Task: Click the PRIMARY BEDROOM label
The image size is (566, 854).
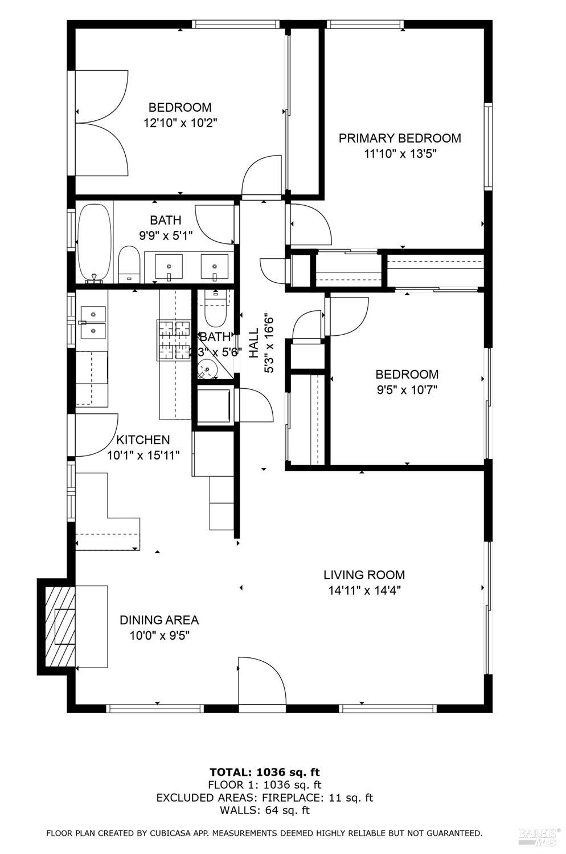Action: (x=400, y=139)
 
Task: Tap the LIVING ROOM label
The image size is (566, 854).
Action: (x=364, y=575)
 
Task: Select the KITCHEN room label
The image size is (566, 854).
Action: (x=143, y=440)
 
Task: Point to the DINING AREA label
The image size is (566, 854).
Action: (x=159, y=620)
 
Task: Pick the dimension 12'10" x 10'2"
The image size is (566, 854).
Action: (x=180, y=123)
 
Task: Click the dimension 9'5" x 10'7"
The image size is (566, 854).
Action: (x=407, y=390)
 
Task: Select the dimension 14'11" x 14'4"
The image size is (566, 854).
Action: (x=364, y=591)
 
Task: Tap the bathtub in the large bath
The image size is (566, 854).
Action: (x=95, y=242)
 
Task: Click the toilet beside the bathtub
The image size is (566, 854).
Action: (x=129, y=265)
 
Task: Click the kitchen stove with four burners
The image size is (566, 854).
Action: (x=173, y=340)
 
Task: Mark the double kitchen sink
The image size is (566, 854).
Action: (x=92, y=322)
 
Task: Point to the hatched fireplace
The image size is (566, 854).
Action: (x=57, y=626)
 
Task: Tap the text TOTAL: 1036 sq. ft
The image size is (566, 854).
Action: (x=265, y=772)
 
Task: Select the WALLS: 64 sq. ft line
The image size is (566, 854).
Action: (x=265, y=810)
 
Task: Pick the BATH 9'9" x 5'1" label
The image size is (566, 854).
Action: (x=166, y=227)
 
